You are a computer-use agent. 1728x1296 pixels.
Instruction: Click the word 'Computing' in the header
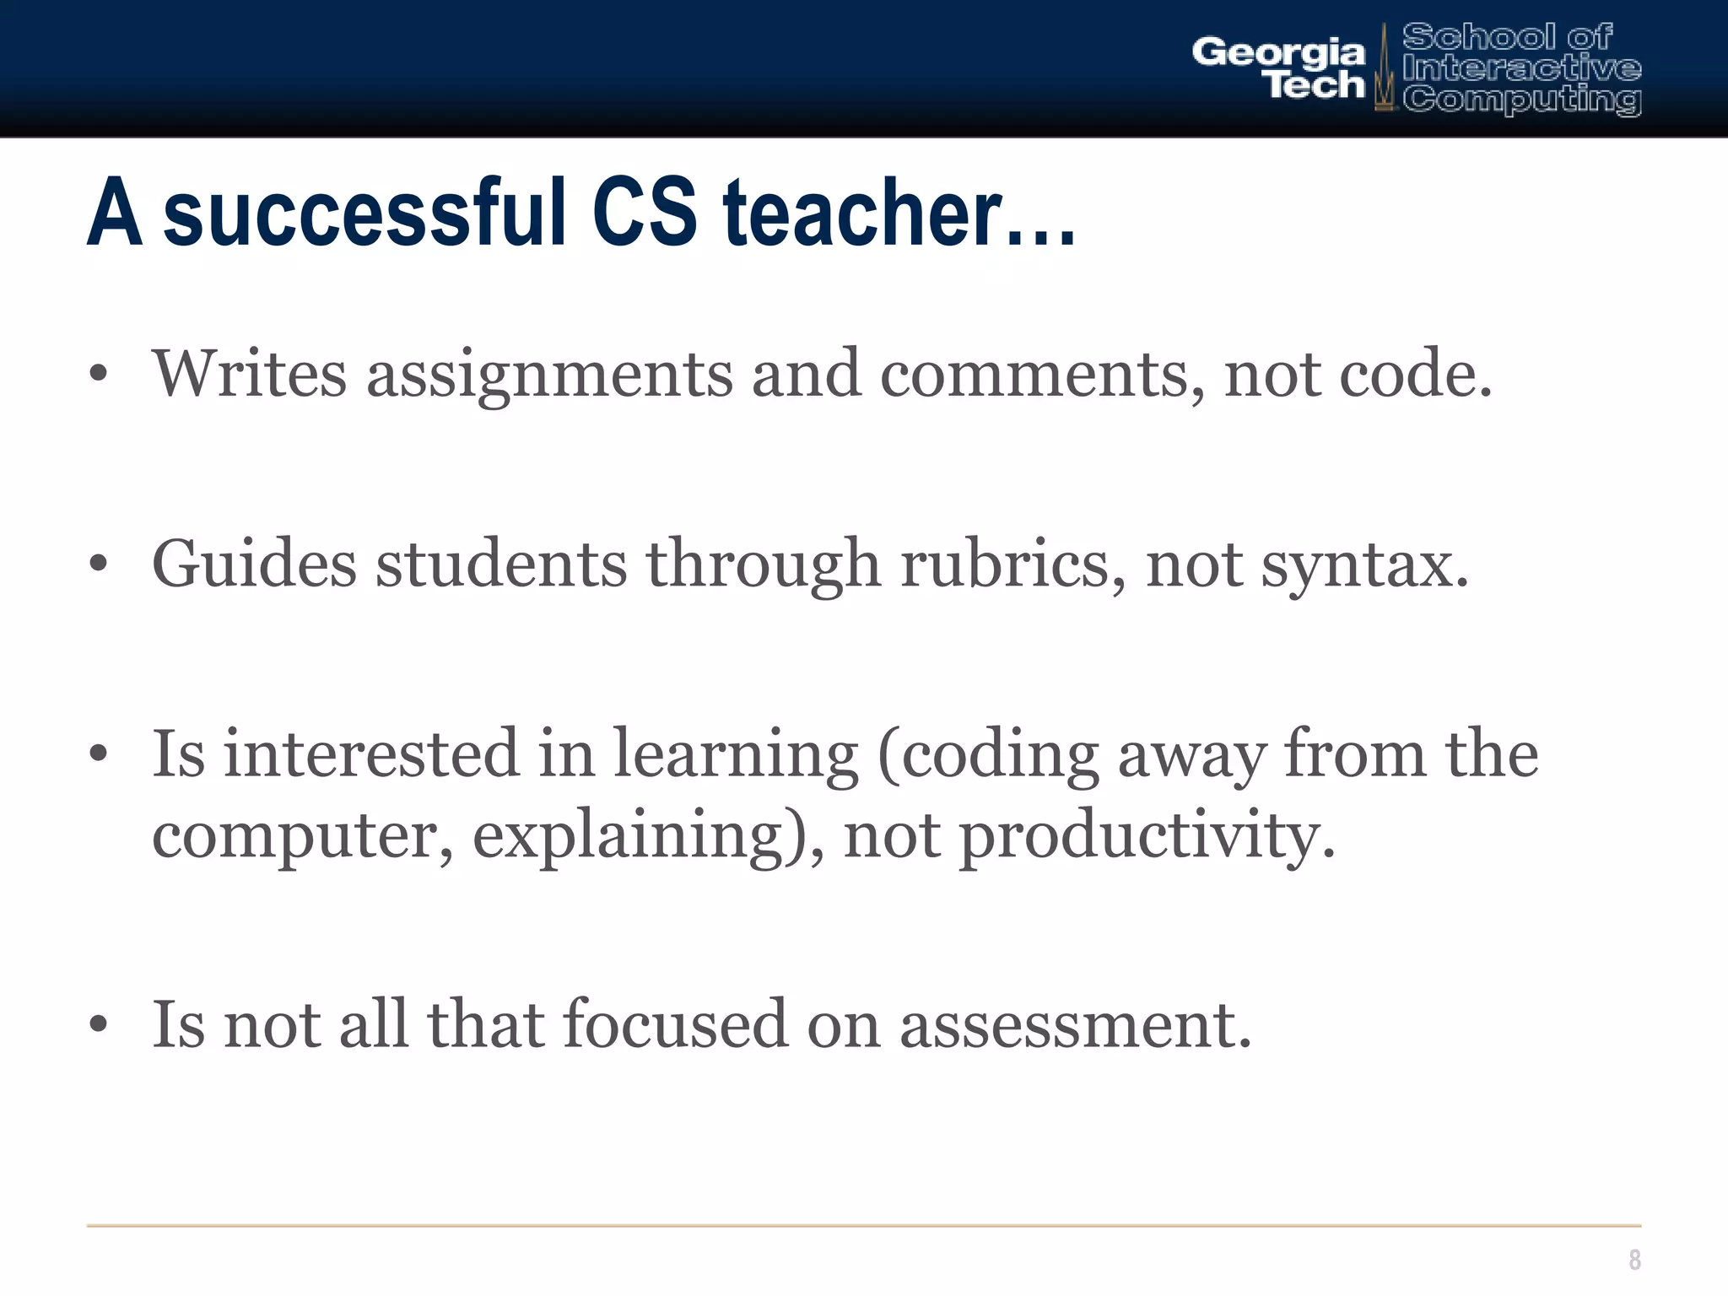click(1522, 100)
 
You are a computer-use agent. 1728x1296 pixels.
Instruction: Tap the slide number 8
click(1634, 1260)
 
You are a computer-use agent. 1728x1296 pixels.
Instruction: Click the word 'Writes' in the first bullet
click(250, 374)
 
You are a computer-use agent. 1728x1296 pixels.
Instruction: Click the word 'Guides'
click(254, 564)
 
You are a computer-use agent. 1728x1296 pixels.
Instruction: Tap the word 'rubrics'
click(1012, 564)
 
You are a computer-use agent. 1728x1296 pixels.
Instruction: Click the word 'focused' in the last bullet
click(675, 1023)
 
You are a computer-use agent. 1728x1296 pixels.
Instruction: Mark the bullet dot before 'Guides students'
click(99, 564)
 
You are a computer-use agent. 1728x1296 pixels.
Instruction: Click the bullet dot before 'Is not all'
click(99, 1024)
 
